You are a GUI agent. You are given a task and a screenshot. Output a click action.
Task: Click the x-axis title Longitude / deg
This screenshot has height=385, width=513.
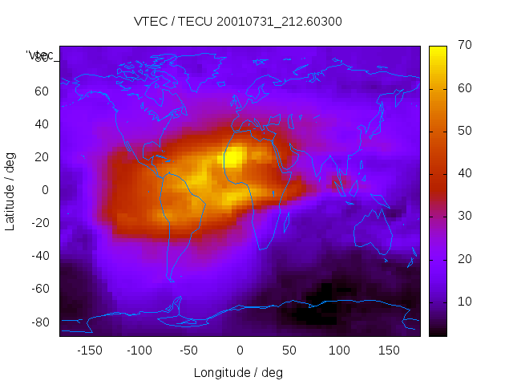click(238, 372)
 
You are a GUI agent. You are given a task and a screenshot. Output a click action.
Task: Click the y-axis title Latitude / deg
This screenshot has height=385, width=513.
click(10, 190)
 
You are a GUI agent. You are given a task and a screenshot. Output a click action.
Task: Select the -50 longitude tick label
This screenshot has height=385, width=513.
click(189, 350)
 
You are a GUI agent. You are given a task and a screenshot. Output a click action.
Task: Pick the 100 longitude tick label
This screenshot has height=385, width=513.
click(339, 350)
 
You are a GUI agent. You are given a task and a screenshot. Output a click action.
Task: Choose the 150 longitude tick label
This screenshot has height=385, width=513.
click(389, 350)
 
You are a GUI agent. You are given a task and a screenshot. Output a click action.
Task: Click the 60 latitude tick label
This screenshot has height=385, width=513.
click(41, 91)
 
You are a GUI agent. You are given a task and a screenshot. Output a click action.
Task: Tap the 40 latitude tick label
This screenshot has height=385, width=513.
click(41, 124)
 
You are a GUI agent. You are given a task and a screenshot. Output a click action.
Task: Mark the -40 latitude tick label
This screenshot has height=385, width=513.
click(38, 256)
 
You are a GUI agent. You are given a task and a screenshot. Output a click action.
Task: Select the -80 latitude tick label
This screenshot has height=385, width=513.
click(38, 322)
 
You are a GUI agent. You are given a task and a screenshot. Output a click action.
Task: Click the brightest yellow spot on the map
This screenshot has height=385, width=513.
click(232, 158)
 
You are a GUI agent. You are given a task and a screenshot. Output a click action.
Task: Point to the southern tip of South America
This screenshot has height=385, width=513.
click(170, 279)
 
